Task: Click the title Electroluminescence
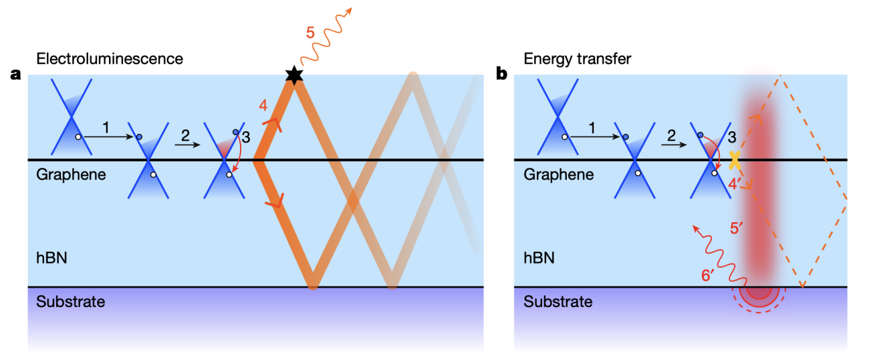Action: tap(110, 59)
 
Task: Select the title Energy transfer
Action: tap(578, 59)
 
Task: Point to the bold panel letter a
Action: tap(16, 74)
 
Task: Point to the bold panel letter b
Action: tap(501, 74)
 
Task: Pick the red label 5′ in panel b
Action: tap(737, 227)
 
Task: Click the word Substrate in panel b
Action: tap(557, 302)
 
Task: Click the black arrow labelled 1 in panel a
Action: tap(108, 136)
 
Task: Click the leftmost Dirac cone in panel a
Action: tap(72, 118)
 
